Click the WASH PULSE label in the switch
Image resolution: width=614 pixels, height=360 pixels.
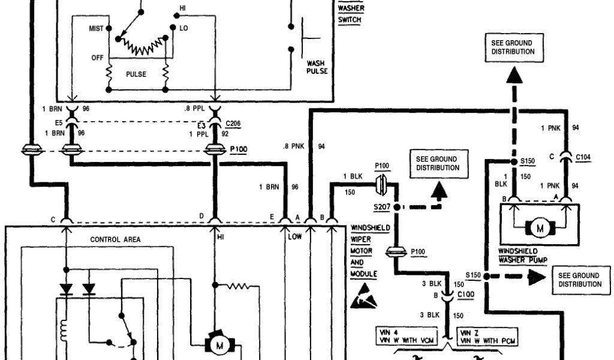pyautogui.click(x=317, y=67)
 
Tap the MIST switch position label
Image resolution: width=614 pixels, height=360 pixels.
pyautogui.click(x=97, y=28)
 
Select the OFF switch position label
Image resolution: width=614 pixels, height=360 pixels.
pyautogui.click(x=97, y=58)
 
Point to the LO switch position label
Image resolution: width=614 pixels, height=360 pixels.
pyautogui.click(x=184, y=28)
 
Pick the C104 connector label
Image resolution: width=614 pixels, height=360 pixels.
pyautogui.click(x=583, y=157)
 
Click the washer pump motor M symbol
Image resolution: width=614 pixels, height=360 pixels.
pyautogui.click(x=539, y=227)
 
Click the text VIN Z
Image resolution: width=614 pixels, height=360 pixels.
pyautogui.click(x=469, y=331)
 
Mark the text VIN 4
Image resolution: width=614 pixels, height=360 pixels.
pyautogui.click(x=386, y=331)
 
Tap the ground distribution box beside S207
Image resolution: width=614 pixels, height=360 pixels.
pyautogui.click(x=437, y=163)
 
